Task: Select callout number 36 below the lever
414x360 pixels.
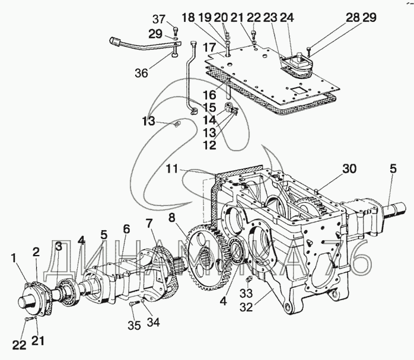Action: pyautogui.click(x=141, y=74)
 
